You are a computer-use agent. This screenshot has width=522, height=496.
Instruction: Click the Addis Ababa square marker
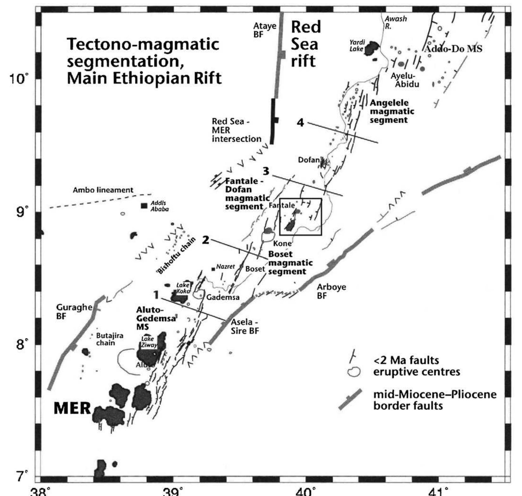(x=144, y=206)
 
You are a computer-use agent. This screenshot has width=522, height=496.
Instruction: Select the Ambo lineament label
(x=103, y=190)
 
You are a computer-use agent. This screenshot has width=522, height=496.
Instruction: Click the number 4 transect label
(x=300, y=122)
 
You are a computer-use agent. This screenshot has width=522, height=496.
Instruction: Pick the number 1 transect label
(x=156, y=295)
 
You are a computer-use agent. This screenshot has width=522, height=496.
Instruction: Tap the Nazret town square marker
(x=213, y=269)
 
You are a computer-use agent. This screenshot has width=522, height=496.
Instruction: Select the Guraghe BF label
(x=74, y=311)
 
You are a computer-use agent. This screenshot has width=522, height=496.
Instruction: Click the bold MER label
(x=72, y=408)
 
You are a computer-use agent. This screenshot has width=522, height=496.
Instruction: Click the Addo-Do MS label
(x=452, y=49)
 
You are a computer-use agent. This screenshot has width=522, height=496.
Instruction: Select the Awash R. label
(x=395, y=22)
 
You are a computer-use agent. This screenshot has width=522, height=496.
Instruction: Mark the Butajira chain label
(x=105, y=339)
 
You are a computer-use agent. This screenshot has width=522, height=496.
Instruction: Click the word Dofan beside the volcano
(x=309, y=160)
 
